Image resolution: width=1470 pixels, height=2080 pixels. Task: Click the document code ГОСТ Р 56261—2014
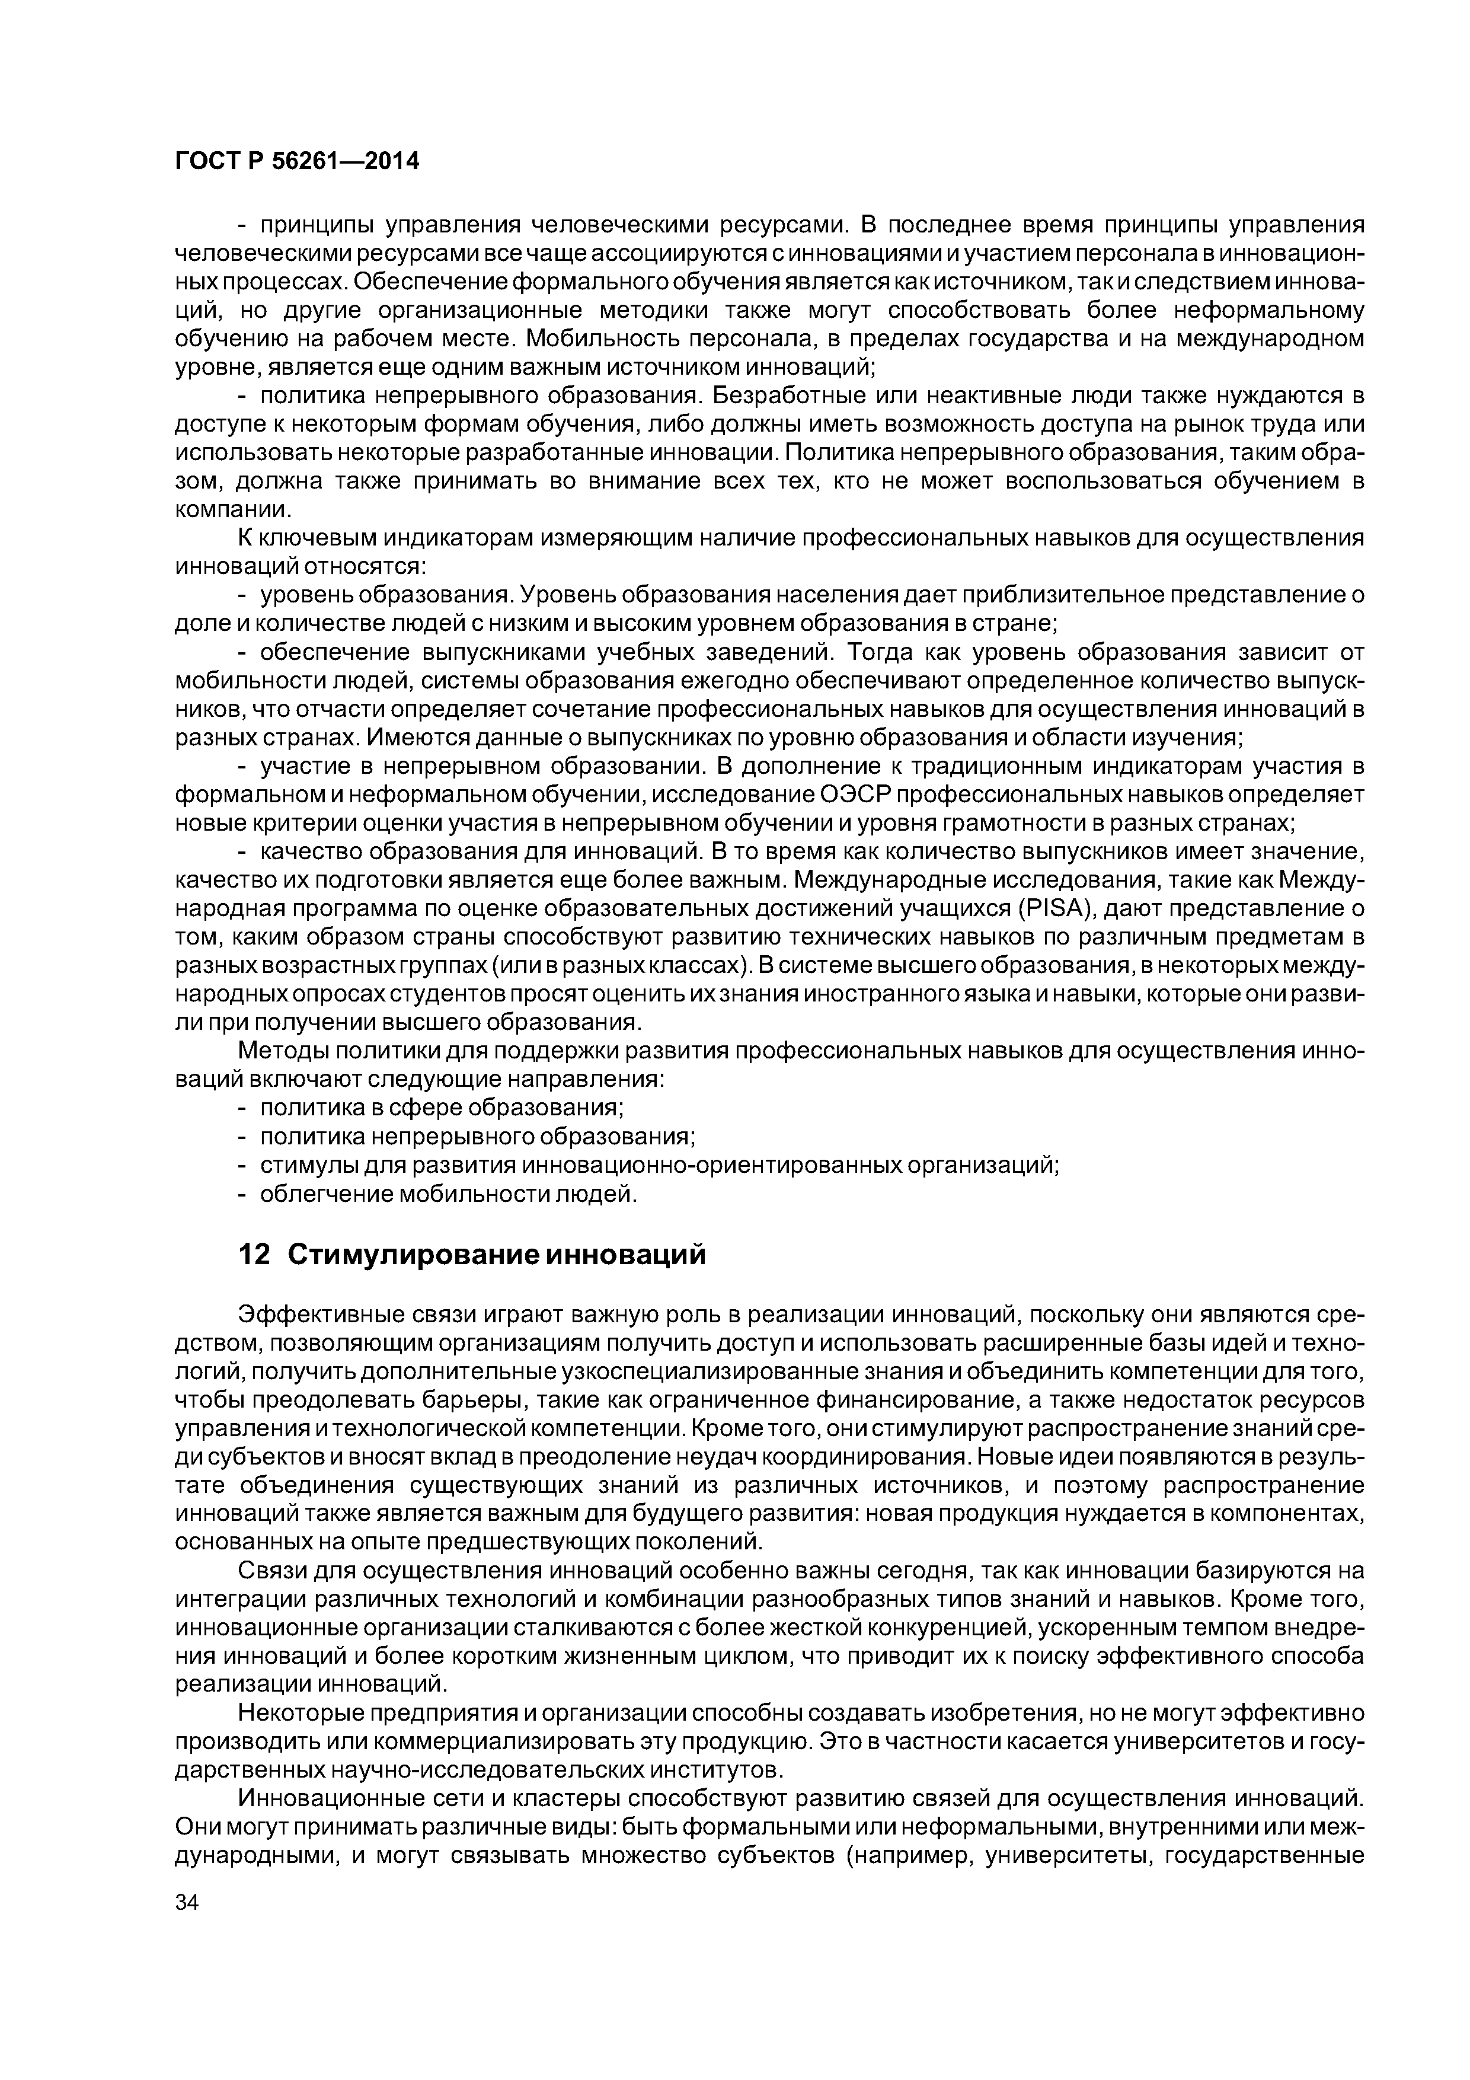296,161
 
